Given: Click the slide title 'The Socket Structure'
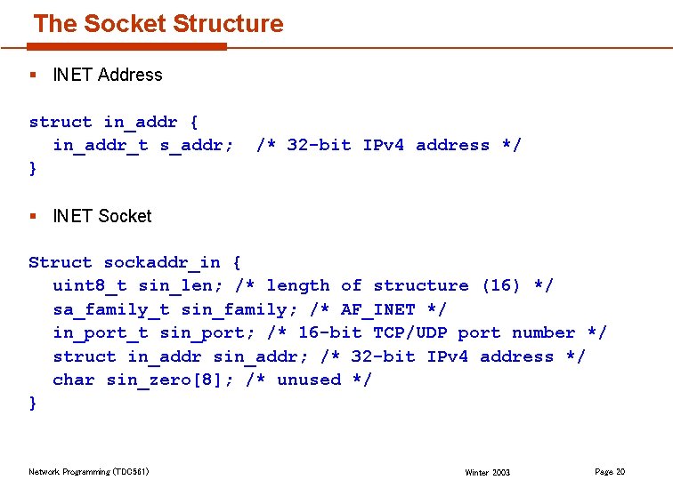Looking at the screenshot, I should (158, 24).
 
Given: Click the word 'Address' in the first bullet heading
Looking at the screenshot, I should (130, 76).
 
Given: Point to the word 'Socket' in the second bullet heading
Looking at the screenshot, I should (126, 216).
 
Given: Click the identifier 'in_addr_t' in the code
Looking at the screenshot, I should (101, 145).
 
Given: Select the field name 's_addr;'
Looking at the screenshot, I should (197, 145).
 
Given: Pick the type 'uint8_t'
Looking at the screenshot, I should (90, 285).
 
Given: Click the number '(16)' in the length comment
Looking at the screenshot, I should (501, 285).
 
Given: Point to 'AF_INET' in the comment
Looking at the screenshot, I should (377, 309).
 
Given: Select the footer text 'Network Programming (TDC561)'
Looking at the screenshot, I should (88, 472).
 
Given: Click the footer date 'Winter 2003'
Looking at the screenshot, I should (487, 473).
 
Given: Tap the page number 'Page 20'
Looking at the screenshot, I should (610, 471).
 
